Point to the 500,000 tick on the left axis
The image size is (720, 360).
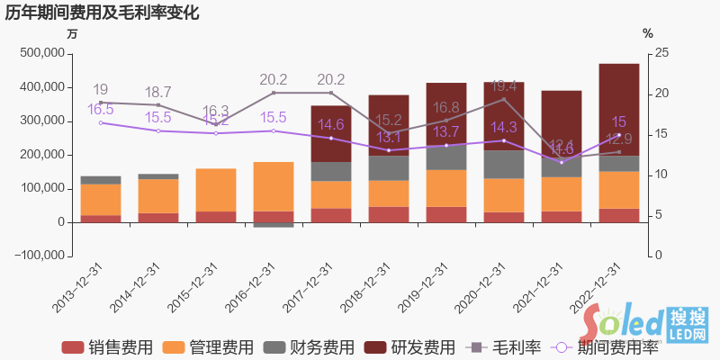[40, 54]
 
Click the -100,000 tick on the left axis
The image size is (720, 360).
[39, 256]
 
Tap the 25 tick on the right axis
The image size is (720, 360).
[661, 54]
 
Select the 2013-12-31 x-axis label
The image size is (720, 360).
[78, 288]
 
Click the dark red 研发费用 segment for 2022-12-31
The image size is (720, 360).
[619, 108]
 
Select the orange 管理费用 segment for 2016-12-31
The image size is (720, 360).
[274, 186]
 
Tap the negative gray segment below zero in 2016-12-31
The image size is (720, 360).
[274, 225]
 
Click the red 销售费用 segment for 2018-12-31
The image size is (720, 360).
[389, 214]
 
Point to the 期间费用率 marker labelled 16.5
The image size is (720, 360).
[101, 122]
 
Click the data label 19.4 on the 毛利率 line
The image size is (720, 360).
[504, 86]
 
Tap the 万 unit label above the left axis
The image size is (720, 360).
[72, 33]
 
